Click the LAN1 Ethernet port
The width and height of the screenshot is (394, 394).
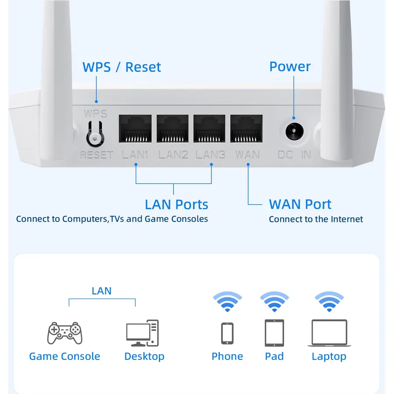click(135, 128)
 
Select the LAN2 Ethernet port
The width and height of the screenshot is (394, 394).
click(172, 128)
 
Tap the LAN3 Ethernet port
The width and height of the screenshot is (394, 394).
click(209, 128)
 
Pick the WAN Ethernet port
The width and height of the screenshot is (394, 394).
click(246, 128)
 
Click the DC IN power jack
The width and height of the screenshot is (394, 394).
click(294, 131)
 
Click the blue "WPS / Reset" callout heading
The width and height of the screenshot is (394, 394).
click(122, 67)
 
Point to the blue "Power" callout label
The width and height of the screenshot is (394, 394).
click(290, 67)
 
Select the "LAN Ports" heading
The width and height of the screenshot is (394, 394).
click(177, 204)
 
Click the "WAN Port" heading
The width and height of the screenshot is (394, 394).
click(300, 204)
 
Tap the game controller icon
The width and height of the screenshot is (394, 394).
click(65, 333)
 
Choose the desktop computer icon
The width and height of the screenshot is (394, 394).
click(142, 333)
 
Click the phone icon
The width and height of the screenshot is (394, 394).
click(227, 334)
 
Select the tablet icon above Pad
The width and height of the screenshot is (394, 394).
click(274, 333)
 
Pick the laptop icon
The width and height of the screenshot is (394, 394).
click(329, 333)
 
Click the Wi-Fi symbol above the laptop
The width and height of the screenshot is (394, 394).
click(329, 302)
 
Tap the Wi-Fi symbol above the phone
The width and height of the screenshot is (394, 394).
click(227, 302)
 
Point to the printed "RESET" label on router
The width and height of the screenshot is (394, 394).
click(97, 155)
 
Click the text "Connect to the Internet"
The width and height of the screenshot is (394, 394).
click(316, 219)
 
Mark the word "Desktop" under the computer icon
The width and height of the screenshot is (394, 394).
click(144, 356)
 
